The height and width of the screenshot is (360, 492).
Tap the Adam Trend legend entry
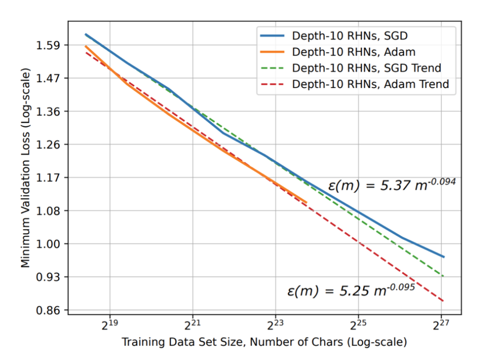[x=370, y=84]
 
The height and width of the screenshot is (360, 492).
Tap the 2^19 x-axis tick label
[x=110, y=324]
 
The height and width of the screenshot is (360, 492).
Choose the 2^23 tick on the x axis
[x=275, y=324]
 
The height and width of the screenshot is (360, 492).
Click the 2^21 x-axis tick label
[x=192, y=324]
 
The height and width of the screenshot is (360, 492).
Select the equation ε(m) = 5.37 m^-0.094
[x=391, y=184]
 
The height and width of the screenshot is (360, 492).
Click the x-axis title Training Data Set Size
[x=264, y=342]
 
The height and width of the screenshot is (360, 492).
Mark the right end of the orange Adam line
[x=306, y=202]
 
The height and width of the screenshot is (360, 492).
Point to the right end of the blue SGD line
[x=444, y=257]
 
